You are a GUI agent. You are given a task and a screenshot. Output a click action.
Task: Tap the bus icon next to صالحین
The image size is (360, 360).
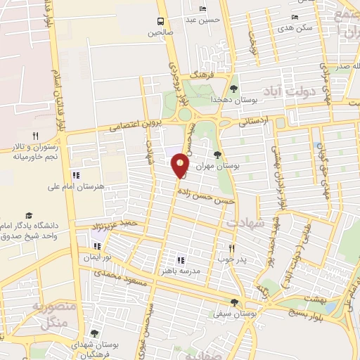(161, 21)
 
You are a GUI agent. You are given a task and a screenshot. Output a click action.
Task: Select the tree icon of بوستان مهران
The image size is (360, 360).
(217, 154)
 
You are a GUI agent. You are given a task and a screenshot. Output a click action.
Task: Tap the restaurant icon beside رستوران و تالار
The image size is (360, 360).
(34, 136)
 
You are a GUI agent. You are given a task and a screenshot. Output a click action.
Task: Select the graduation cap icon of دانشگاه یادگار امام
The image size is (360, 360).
(29, 214)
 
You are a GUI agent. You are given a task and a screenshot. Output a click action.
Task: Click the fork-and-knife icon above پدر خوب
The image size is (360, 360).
(232, 247)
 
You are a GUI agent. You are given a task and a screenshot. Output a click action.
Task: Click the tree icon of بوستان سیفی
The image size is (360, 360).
(234, 302)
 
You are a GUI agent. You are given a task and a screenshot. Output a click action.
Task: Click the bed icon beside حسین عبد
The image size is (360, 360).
(203, 9)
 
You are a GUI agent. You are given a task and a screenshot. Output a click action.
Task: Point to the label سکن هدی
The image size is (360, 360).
(294, 29)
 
